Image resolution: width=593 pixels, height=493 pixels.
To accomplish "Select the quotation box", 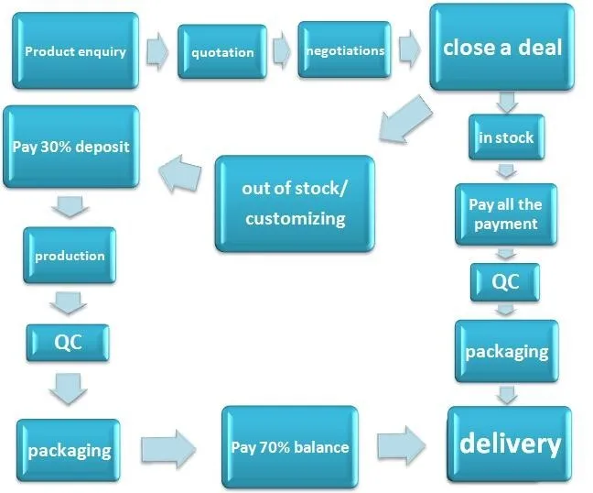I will tap(222, 52).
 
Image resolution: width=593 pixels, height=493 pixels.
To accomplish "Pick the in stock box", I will tap(506, 137).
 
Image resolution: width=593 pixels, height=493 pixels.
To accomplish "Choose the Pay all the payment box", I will tap(505, 214).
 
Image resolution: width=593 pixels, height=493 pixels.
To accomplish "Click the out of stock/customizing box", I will tap(295, 203).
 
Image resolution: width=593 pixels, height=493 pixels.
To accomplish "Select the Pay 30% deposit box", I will tap(71, 147).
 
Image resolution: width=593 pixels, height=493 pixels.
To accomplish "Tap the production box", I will tap(70, 256).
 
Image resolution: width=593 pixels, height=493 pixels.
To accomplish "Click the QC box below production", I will tap(69, 342).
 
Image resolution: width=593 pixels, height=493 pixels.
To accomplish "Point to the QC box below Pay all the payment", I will tap(505, 282).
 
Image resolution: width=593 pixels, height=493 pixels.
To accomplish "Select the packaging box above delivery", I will tap(506, 351).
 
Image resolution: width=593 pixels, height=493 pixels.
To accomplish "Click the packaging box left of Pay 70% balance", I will tap(69, 450).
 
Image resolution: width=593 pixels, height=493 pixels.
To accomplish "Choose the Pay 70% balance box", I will tap(289, 448).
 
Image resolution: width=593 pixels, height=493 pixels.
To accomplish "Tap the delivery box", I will tap(509, 444).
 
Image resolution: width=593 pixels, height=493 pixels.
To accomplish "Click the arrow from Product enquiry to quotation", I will tap(158, 53).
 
